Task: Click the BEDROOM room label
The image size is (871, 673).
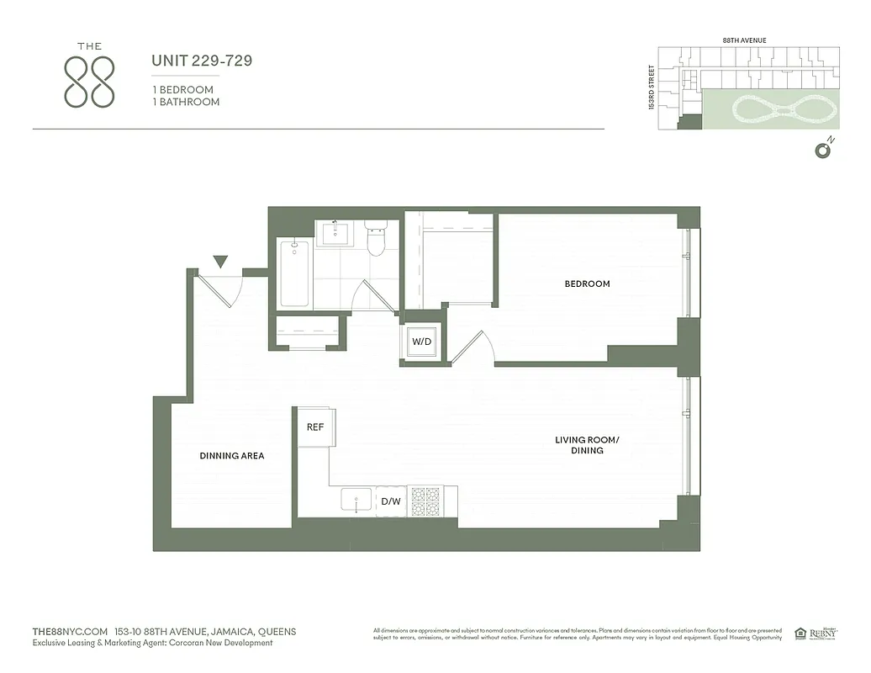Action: [x=587, y=284]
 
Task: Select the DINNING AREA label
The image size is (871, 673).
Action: [x=232, y=456]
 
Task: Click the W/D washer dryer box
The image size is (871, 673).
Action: [x=421, y=342]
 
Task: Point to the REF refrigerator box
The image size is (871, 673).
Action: [x=315, y=427]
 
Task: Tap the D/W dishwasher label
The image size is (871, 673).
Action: [x=391, y=502]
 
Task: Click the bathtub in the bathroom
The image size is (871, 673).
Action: [x=294, y=273]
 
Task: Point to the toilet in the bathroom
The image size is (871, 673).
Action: [x=375, y=238]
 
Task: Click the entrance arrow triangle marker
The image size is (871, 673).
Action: [x=220, y=262]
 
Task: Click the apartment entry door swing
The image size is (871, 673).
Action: [x=224, y=290]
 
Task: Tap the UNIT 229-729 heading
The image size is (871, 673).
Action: [x=202, y=61]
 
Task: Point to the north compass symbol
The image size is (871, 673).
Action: [x=823, y=149]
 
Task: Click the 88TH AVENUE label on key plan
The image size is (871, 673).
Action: [x=745, y=40]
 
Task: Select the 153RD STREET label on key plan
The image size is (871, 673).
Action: [x=651, y=88]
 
